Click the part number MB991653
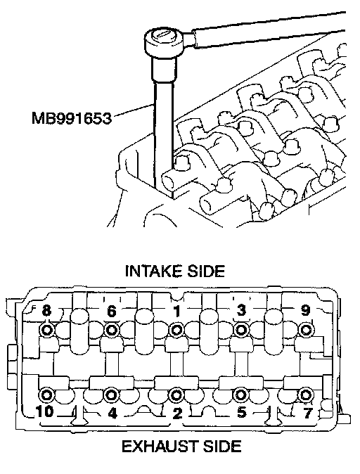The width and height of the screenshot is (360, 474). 72,118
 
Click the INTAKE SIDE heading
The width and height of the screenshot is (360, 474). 175,271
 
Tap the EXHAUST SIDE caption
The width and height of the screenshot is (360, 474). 181,446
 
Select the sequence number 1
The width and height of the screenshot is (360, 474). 176,311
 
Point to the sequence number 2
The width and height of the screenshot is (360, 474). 176,413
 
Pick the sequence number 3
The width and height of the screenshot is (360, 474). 241,310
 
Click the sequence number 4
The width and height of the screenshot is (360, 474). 112,413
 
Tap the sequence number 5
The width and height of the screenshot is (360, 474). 241,411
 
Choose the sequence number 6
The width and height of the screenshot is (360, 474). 112,311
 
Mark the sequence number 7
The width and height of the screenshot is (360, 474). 307,413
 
